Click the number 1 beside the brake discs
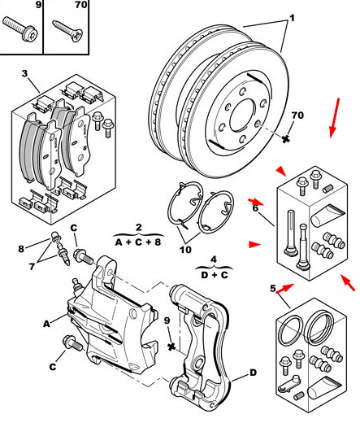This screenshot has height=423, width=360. (292, 18)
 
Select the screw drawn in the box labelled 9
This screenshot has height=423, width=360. (20, 29)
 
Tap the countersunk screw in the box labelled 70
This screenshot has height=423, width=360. (67, 30)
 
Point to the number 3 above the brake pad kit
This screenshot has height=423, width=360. (24, 73)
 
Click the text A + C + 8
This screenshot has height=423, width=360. (138, 242)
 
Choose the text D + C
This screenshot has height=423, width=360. (215, 275)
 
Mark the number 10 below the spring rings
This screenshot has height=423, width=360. (185, 250)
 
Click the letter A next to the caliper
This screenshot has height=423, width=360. (47, 324)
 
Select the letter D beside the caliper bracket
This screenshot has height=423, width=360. (253, 373)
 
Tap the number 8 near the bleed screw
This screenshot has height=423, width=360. (21, 249)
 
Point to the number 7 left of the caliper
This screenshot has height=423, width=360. (32, 267)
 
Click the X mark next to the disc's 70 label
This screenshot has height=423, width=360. (286, 139)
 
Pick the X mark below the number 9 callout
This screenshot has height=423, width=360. (171, 347)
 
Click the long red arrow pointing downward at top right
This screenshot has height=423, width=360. (335, 118)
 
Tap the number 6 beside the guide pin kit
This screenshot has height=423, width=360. (255, 208)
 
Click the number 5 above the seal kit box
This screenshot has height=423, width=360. (273, 288)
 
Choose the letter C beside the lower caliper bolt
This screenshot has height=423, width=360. (53, 367)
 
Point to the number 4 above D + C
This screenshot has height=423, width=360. (214, 259)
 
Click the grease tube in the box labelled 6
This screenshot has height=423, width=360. (327, 216)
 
